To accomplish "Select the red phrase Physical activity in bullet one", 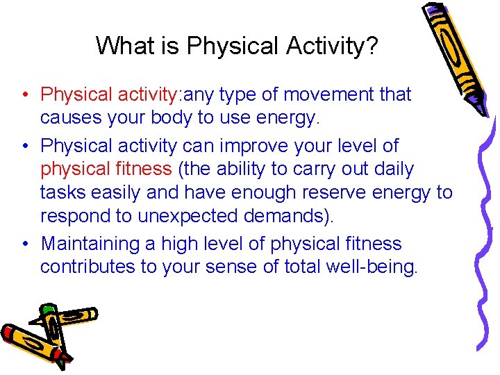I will point(110,94).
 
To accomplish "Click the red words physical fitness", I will point(106,169).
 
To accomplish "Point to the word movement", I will point(325,94).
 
